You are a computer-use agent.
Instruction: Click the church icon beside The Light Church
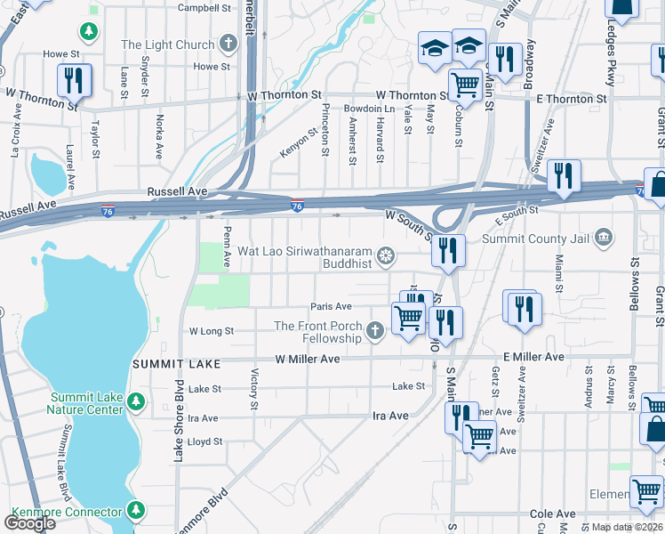coord(229,44)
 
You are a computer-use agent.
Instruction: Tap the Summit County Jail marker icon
coord(604,238)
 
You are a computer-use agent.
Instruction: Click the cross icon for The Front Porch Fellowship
coord(375,332)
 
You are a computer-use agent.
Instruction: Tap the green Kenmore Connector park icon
coord(135,511)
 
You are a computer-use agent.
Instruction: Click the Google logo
coord(29,522)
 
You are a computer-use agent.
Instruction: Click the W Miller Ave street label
coord(308,359)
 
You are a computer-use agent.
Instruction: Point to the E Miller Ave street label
coord(533,357)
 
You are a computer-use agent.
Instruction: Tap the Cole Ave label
coord(553,514)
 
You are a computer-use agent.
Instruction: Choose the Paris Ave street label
coord(331,306)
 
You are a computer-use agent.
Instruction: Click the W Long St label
coord(212,331)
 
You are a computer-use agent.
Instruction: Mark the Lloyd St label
coord(204,441)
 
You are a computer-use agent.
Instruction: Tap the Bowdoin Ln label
coord(368,108)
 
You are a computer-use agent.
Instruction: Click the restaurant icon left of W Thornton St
coord(73,80)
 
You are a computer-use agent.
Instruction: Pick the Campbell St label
coord(204,8)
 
